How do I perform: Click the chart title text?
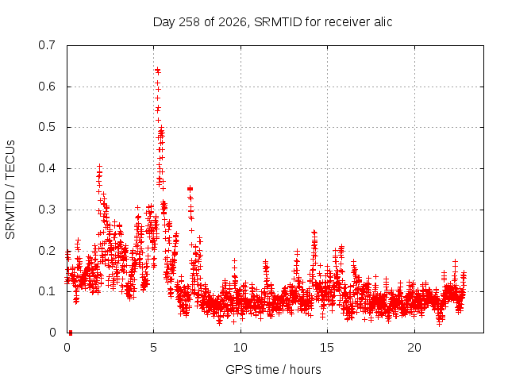coord(272,22)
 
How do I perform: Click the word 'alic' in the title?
coord(383,22)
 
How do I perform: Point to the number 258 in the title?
coord(190,22)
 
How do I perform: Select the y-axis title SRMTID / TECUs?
coord(10,190)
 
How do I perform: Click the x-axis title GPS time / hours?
coord(273,369)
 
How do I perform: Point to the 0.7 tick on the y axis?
coord(47,45)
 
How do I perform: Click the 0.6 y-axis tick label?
coord(47,87)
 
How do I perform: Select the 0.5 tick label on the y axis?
coord(47,127)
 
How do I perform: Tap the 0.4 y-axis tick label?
coord(47,168)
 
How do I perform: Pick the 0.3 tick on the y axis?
coord(47,210)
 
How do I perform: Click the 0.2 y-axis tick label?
coord(47,251)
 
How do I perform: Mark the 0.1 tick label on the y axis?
coord(47,291)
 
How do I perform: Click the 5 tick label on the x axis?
coord(153,348)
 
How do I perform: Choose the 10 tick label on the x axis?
coord(241,348)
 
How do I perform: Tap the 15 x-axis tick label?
coord(327,348)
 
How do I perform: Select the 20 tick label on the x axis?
coord(414,348)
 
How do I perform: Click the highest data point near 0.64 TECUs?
coord(157,70)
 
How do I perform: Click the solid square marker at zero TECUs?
coord(71,333)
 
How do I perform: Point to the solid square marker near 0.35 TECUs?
coord(190,189)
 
